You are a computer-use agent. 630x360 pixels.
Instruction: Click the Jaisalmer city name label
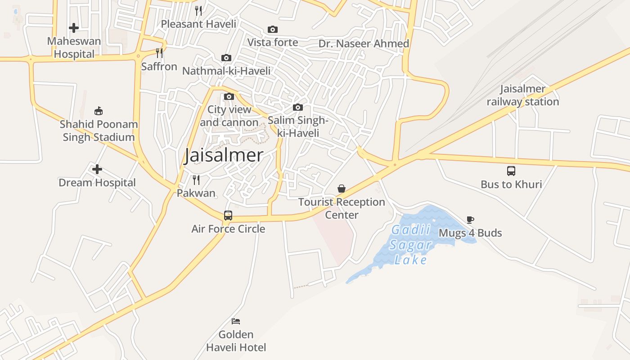click(x=224, y=155)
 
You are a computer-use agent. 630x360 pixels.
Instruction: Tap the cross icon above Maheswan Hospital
click(x=74, y=28)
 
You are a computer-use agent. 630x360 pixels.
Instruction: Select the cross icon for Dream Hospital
click(x=97, y=170)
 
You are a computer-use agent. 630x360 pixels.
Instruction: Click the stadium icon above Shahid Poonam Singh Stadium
click(x=99, y=111)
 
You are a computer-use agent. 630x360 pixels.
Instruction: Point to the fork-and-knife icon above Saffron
click(x=159, y=53)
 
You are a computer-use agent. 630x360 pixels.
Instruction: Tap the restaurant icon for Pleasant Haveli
click(x=198, y=10)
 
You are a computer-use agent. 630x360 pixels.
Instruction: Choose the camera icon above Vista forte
click(x=273, y=30)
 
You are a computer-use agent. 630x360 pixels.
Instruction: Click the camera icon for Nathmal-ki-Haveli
click(x=226, y=58)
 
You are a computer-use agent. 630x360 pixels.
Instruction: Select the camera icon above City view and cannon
click(x=229, y=97)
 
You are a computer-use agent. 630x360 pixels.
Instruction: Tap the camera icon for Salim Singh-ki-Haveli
click(x=298, y=108)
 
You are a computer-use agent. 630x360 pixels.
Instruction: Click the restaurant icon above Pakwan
click(x=196, y=180)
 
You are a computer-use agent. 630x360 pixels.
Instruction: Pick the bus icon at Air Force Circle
click(x=228, y=216)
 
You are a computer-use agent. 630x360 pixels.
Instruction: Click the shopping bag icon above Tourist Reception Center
click(x=342, y=189)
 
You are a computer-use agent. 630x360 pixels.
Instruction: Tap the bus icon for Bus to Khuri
click(x=511, y=171)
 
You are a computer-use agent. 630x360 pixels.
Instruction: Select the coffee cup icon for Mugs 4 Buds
click(x=470, y=220)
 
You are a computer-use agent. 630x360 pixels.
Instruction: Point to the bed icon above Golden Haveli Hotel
click(x=236, y=321)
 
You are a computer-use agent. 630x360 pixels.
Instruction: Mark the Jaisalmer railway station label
click(x=523, y=95)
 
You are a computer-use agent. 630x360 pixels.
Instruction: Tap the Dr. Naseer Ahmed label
click(x=364, y=44)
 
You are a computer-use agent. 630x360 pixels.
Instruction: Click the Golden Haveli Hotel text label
click(x=236, y=341)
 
